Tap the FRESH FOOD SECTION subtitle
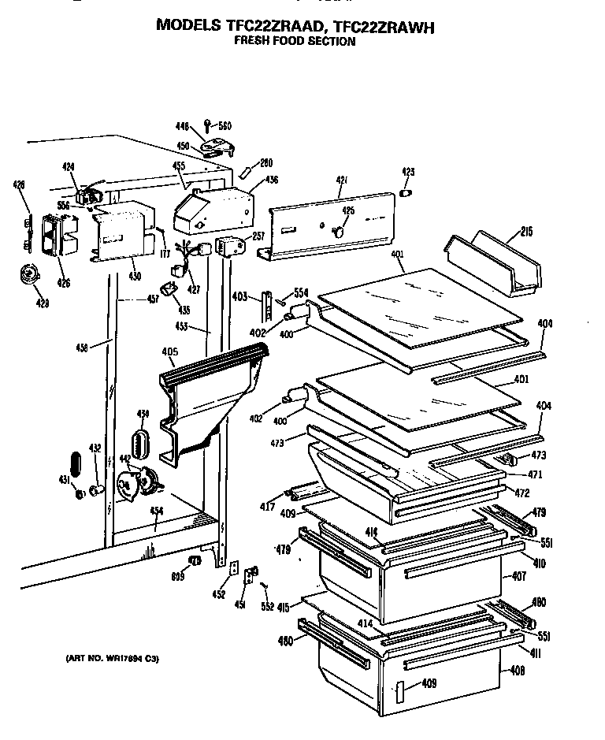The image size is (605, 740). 295,41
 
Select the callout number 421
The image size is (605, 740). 342,181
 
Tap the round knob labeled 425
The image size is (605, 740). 340,232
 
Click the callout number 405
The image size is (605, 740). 169,351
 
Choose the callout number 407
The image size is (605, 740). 518,576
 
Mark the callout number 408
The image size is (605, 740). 518,671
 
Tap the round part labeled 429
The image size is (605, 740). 31,275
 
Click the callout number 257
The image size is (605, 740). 258,236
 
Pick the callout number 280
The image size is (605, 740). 266,163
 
